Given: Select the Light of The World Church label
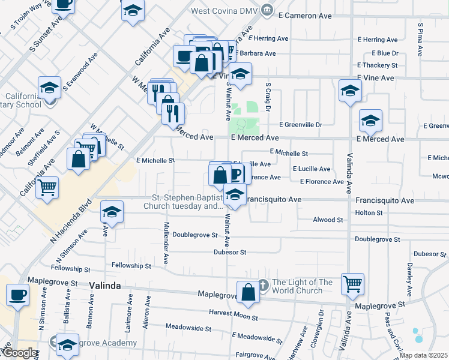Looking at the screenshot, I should (302, 286).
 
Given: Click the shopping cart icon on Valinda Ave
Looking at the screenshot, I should (352, 284).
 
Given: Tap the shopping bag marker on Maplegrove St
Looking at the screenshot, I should (248, 292).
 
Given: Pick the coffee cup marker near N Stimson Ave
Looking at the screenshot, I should (17, 295).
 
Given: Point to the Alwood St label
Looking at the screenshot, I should (328, 220).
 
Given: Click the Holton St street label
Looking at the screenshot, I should (369, 212).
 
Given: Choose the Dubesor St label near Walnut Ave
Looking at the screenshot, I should (231, 253).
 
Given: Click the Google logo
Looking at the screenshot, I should (20, 353).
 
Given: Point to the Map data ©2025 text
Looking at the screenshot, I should (423, 355).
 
